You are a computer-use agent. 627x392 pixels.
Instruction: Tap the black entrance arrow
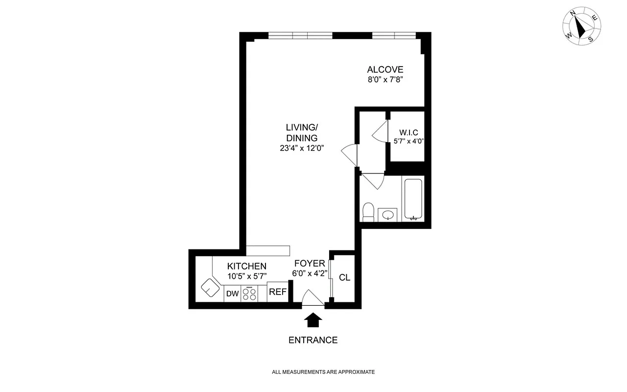point(313,320)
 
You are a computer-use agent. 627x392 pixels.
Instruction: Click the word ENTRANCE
point(313,340)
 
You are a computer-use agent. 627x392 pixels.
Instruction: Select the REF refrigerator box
point(277,293)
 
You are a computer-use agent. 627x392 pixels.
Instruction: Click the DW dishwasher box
point(233,294)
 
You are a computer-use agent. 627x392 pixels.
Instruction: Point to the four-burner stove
point(249,294)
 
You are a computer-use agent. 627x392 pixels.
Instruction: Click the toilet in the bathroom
point(368,212)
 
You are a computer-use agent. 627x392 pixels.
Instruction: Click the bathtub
point(414,200)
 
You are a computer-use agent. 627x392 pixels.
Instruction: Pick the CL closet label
point(344,277)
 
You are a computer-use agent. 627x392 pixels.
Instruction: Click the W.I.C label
point(408,133)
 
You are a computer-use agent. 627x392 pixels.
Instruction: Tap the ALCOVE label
point(385,70)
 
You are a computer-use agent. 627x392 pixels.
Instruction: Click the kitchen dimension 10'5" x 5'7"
point(247,276)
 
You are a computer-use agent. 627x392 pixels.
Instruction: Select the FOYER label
point(310,264)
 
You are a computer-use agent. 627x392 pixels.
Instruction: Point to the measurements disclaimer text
point(323,372)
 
